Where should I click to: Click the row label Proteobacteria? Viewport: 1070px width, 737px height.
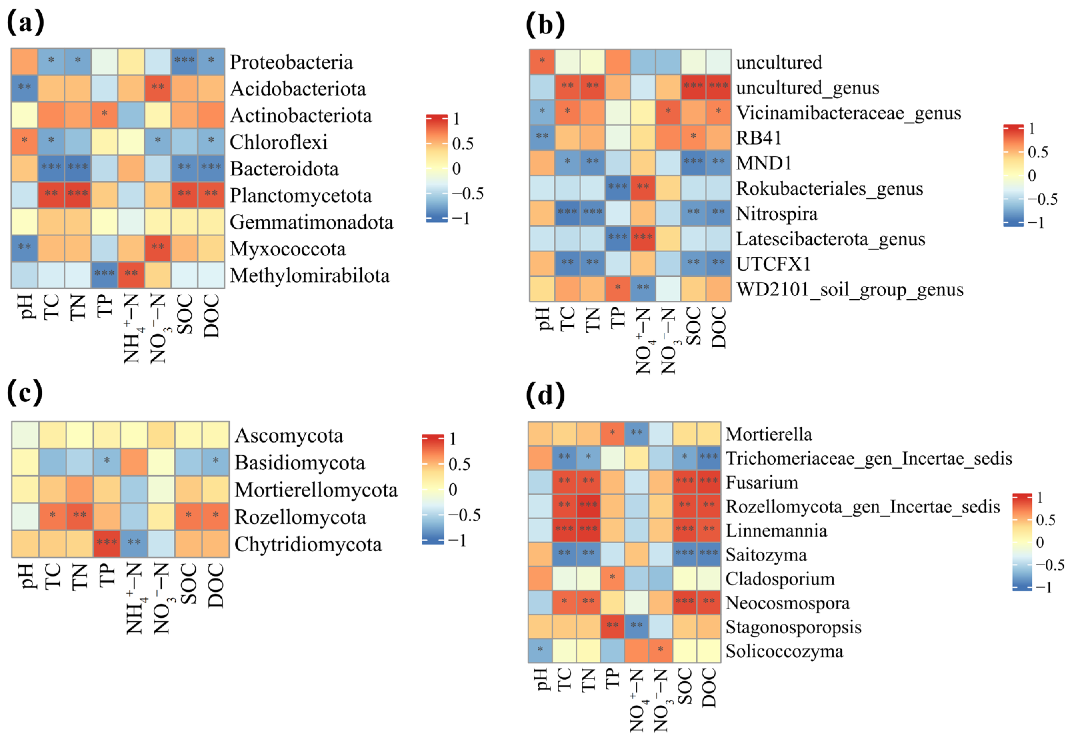(291, 62)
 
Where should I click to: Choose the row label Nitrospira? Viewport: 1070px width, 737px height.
(776, 214)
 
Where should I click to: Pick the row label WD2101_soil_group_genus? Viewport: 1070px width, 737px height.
(849, 290)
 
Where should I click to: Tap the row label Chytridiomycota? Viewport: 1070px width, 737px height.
(308, 544)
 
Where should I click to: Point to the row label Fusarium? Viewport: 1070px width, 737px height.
(762, 483)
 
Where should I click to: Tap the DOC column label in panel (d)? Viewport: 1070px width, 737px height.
(709, 688)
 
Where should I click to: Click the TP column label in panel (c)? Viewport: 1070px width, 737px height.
(107, 575)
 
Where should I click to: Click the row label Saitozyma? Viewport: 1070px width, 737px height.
(766, 555)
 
